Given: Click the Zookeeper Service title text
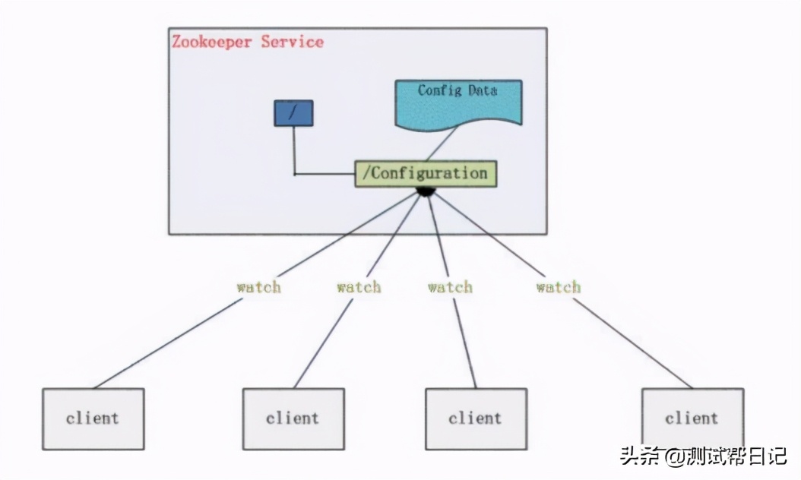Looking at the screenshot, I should (248, 42).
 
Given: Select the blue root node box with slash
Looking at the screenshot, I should (293, 113).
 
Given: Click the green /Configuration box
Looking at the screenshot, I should (426, 173).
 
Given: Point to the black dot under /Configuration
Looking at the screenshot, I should (426, 191).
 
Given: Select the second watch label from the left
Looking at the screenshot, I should (359, 287).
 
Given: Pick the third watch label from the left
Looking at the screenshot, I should (450, 287).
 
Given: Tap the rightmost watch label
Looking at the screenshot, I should (559, 287).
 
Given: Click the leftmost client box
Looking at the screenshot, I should (93, 418).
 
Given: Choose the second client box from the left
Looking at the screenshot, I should (293, 418).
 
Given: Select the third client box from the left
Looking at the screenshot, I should (476, 418).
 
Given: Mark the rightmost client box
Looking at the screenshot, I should (692, 418).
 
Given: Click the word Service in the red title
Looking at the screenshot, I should (293, 42).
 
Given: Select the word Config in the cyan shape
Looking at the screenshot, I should (439, 90).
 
